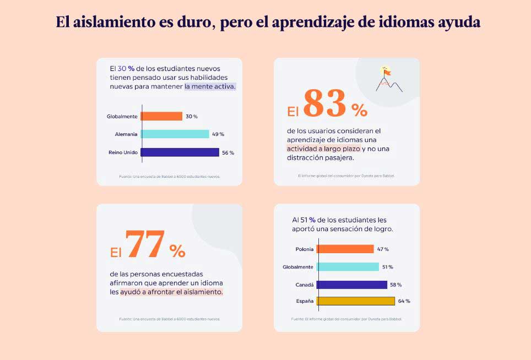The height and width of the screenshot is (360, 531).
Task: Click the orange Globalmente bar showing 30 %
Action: [x=161, y=116]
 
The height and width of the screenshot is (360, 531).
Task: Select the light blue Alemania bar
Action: [x=175, y=134]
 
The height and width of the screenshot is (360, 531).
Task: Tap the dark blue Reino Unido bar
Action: [x=180, y=152]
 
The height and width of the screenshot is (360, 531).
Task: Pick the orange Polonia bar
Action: [x=345, y=249]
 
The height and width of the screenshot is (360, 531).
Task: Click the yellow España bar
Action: [x=356, y=301]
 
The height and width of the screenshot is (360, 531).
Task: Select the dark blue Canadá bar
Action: [x=351, y=285]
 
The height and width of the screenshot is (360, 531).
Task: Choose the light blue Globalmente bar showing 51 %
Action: [x=348, y=267]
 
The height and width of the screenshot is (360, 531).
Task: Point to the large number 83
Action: [x=325, y=103]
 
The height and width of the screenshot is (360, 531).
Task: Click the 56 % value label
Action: [x=228, y=152]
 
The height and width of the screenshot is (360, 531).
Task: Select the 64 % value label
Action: [x=404, y=301]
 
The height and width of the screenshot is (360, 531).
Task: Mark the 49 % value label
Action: [x=218, y=134]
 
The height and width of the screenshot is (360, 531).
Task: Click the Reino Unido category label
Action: [x=123, y=152]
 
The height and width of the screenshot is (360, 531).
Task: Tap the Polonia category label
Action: [x=304, y=249]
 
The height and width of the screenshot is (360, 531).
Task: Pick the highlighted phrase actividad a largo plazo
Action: [x=323, y=149]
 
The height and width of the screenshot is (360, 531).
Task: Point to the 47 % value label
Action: [x=383, y=249]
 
